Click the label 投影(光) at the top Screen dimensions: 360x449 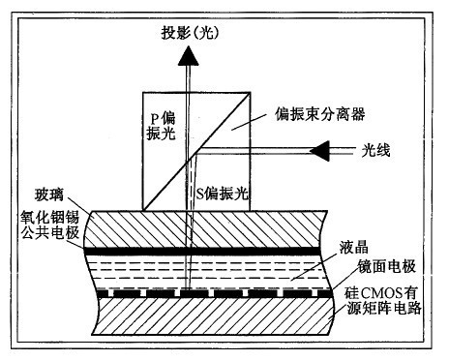tap(191, 33)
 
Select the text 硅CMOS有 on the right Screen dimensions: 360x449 tap(392, 290)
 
